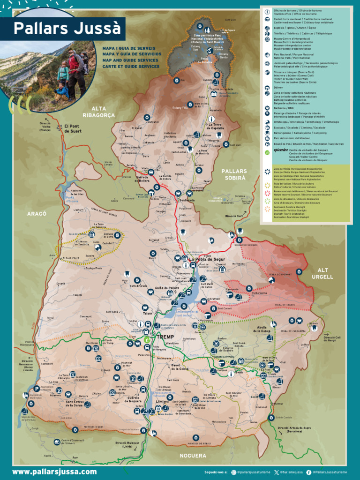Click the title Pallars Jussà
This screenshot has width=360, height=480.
tap(67, 29)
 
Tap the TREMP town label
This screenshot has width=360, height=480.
tap(165, 337)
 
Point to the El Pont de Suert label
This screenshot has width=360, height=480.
tap(72, 128)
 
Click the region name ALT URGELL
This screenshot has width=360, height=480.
tap(323, 273)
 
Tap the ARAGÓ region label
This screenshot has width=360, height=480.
tap(37, 213)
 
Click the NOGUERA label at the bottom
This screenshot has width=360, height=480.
tap(192, 455)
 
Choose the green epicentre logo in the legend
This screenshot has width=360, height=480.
tap(267, 151)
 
